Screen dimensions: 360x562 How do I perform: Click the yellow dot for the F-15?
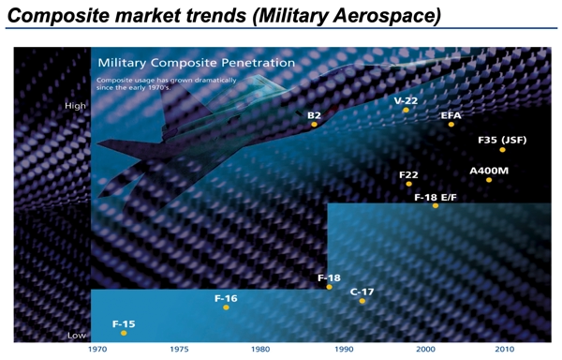(124, 333)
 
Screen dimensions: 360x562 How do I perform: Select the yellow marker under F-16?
(226, 307)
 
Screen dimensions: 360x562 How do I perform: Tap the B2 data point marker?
(315, 125)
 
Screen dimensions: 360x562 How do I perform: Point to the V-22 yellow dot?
(406, 111)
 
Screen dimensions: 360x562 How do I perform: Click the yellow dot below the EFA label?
(451, 125)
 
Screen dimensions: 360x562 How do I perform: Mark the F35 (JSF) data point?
(503, 150)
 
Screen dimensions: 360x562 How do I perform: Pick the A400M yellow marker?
(489, 180)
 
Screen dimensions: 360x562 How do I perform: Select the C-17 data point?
(362, 301)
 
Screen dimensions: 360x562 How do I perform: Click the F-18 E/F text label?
(435, 197)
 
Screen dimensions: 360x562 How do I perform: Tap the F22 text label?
(408, 174)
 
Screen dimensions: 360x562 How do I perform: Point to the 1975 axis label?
(180, 350)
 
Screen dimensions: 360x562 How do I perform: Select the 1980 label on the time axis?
(262, 350)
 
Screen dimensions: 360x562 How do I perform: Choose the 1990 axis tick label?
(344, 350)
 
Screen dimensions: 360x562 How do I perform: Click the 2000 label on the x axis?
(426, 350)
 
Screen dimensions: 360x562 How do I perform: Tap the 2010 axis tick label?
(507, 350)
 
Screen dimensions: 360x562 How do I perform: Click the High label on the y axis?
(75, 106)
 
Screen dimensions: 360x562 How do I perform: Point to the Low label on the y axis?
(77, 335)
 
